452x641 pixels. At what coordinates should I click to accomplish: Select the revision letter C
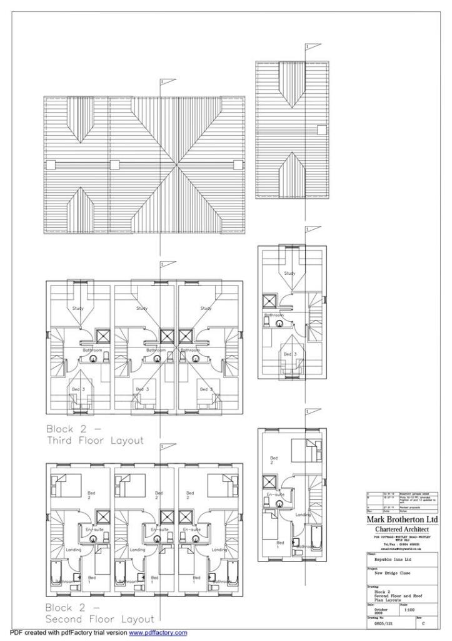[x=425, y=624]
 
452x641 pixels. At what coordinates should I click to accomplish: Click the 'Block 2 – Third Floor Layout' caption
[x=94, y=434]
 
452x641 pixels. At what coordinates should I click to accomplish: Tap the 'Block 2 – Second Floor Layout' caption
[x=99, y=613]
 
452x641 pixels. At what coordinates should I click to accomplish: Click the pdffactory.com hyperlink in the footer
[x=158, y=633]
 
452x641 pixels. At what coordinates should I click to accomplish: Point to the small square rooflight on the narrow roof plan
[x=321, y=130]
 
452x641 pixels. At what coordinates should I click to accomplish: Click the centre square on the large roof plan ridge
[x=114, y=165]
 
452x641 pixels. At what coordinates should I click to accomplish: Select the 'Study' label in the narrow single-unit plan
[x=289, y=274]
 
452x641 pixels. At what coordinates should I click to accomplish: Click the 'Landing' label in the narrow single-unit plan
[x=303, y=515]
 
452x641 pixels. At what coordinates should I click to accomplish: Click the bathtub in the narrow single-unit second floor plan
[x=318, y=539]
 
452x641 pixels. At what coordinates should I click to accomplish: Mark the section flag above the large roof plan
[x=168, y=81]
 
